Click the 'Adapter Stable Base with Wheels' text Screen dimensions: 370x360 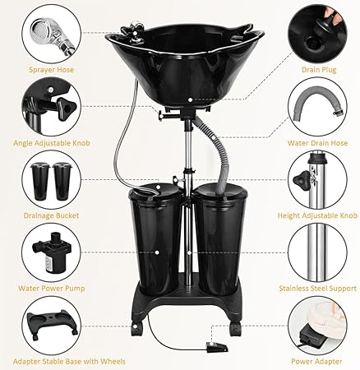click(x=57, y=359)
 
